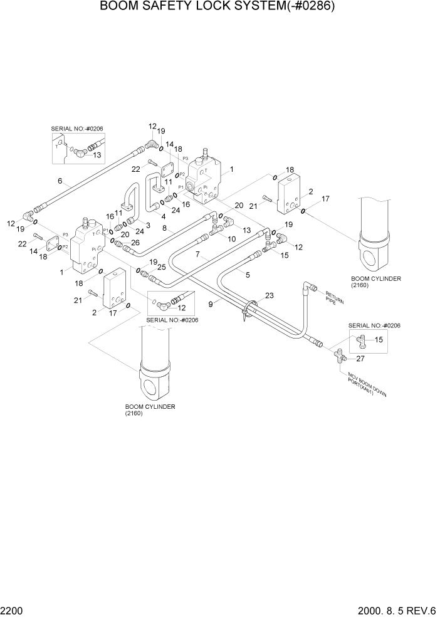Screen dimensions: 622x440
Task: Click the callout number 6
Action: point(60,181)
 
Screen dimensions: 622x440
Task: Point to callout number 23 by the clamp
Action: point(270,296)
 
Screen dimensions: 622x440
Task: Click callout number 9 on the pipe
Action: point(211,303)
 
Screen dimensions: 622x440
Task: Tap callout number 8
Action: point(164,229)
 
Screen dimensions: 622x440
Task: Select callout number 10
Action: point(232,239)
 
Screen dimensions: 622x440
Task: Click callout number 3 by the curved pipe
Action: point(148,225)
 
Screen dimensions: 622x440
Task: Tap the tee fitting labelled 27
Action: point(339,357)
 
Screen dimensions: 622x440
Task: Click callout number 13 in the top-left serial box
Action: point(97,155)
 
